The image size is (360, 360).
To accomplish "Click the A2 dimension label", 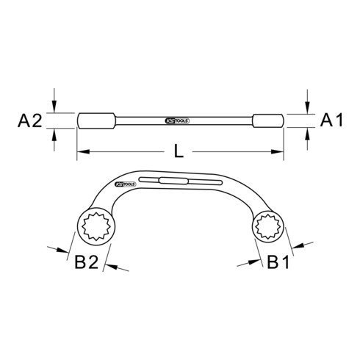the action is point(30,120).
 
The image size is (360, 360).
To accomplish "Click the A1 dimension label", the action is point(331,120).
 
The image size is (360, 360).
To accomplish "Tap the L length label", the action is point(179,151).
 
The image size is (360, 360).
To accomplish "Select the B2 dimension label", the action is point(87,262).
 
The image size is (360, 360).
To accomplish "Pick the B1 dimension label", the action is point(278,262).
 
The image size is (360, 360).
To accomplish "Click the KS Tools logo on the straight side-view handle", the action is point(177,121).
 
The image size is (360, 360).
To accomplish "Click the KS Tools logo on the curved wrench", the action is point(125,184).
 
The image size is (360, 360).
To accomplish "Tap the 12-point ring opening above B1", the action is point(267,226).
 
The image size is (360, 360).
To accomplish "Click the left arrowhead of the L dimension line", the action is point(83,152).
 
